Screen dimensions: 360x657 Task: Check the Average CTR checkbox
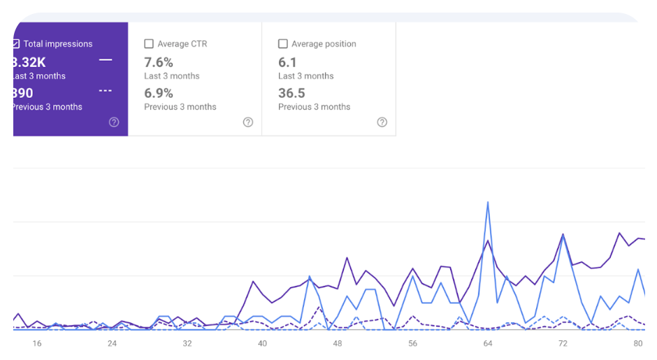coord(149,43)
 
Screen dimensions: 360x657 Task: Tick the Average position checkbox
coord(283,43)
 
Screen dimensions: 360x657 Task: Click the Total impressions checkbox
coord(16,43)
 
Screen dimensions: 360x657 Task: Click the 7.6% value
coord(159,62)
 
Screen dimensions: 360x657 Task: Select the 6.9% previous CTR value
coord(159,93)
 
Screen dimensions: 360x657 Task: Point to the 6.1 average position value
coord(287,62)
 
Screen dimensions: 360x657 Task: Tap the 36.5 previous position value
coord(291,93)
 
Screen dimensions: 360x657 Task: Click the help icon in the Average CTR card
coord(248,122)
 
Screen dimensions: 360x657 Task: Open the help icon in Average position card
coord(382,122)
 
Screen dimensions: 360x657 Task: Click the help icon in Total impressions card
coord(114,122)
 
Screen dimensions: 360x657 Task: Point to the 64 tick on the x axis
coord(488,343)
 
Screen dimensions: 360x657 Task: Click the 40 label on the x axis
coord(262,343)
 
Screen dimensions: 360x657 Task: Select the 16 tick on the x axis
coord(37,343)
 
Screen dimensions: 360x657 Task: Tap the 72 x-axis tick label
coord(563,343)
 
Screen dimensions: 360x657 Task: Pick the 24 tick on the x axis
coord(112,343)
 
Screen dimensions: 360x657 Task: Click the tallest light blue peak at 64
coord(488,203)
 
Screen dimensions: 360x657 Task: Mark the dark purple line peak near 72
coord(563,235)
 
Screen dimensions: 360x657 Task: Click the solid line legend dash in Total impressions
coord(106,60)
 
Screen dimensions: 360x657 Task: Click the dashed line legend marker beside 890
coord(106,91)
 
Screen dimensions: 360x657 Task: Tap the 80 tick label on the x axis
coord(638,343)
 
